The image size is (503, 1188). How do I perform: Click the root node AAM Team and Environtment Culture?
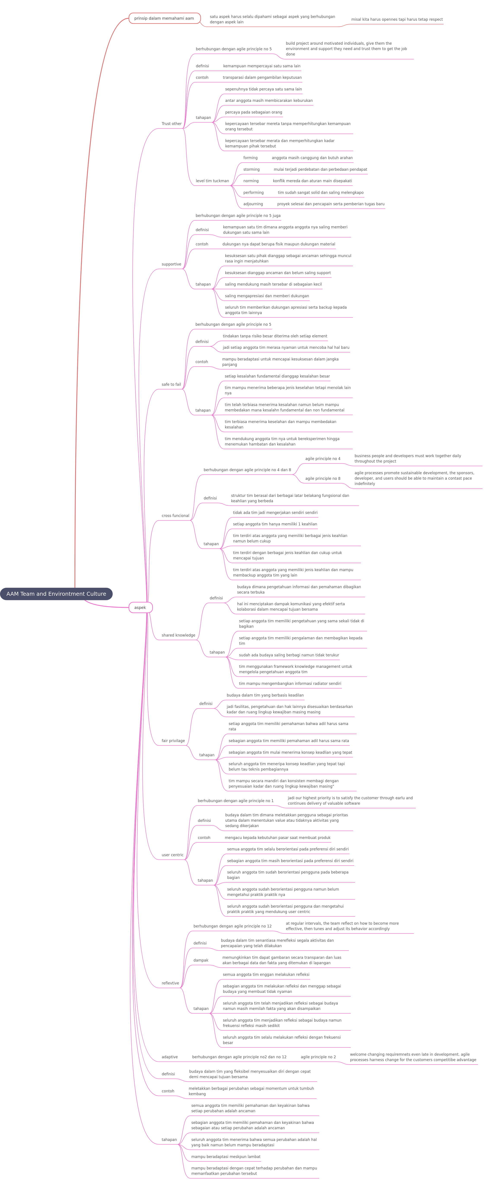[56, 594]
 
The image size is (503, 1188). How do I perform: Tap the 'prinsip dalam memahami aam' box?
[164, 18]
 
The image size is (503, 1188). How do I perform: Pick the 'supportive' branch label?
[171, 264]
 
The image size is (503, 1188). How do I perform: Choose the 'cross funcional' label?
[175, 516]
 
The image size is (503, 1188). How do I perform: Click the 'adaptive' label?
[169, 1057]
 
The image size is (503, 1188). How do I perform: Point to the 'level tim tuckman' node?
[212, 181]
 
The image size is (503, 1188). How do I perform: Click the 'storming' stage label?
[251, 169]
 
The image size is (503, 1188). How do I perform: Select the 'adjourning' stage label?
[253, 204]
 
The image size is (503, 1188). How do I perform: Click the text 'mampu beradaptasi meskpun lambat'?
[226, 1157]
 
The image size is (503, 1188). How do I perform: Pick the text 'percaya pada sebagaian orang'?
[253, 112]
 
